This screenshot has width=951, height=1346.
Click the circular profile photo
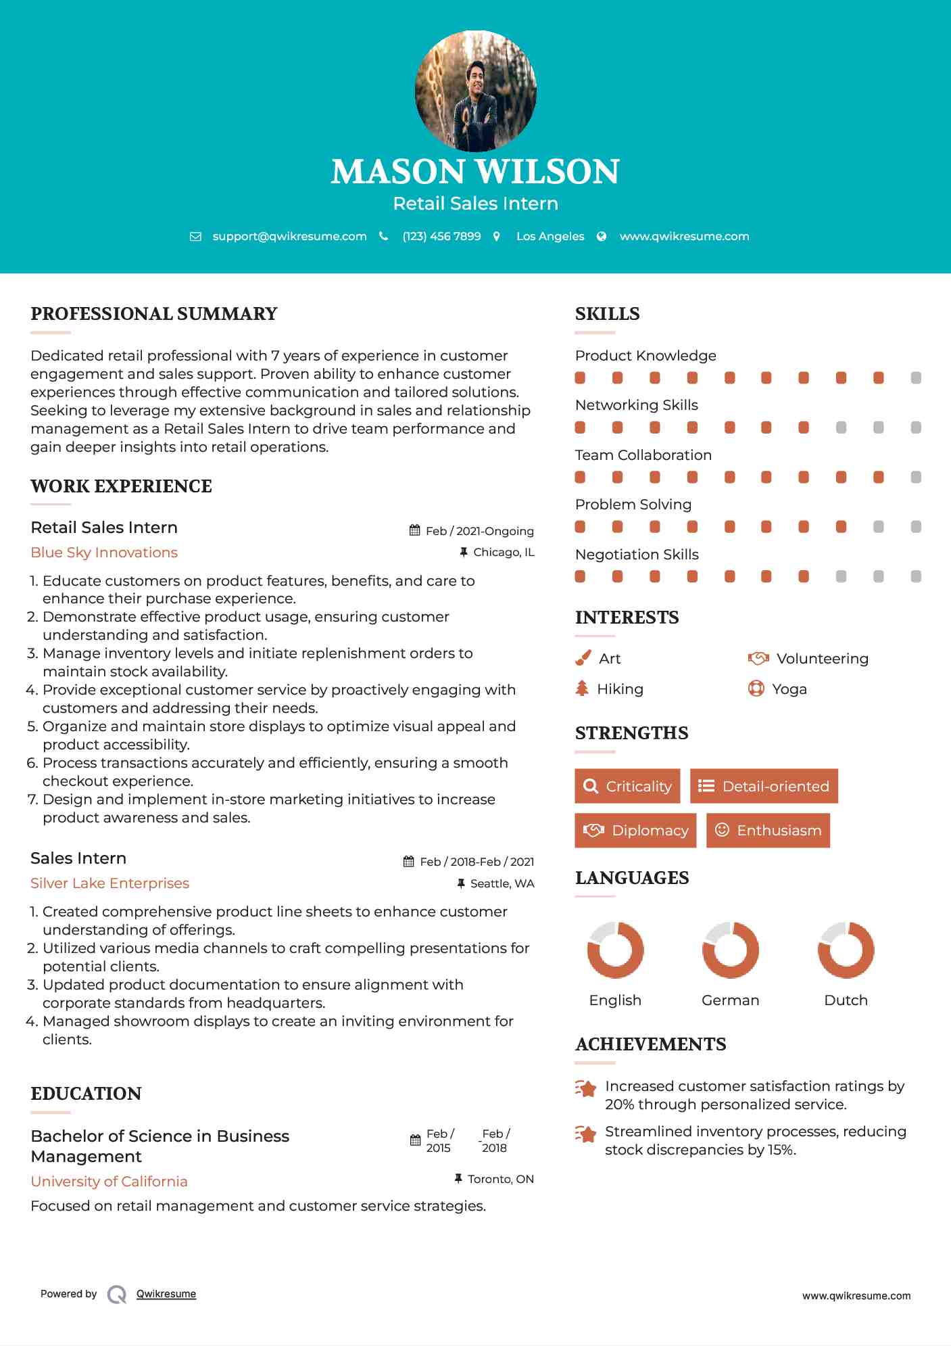(x=475, y=91)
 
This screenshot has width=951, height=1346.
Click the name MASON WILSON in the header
(x=475, y=172)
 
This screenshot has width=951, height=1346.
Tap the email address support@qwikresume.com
(x=289, y=236)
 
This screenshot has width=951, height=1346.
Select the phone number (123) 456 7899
(x=441, y=236)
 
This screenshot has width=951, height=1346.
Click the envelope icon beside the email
(x=195, y=237)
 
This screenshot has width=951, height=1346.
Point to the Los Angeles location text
(x=550, y=236)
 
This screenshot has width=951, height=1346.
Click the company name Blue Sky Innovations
(x=104, y=553)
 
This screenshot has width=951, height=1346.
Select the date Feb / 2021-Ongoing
(x=479, y=531)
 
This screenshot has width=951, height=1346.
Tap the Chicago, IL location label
(x=504, y=553)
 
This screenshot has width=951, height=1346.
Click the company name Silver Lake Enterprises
(x=109, y=883)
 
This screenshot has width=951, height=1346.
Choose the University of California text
(x=109, y=1182)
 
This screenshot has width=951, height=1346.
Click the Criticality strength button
(x=627, y=786)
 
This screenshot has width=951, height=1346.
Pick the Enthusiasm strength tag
(x=768, y=831)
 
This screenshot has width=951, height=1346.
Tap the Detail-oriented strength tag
(x=764, y=786)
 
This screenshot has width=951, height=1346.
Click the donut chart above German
(x=730, y=950)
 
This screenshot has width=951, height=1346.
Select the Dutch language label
(x=846, y=1000)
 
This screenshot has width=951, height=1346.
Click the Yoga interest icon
(x=756, y=689)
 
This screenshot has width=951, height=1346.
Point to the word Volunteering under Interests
(x=822, y=659)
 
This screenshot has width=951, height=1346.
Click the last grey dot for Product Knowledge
(x=916, y=378)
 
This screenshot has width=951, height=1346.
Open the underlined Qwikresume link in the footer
(x=166, y=1294)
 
